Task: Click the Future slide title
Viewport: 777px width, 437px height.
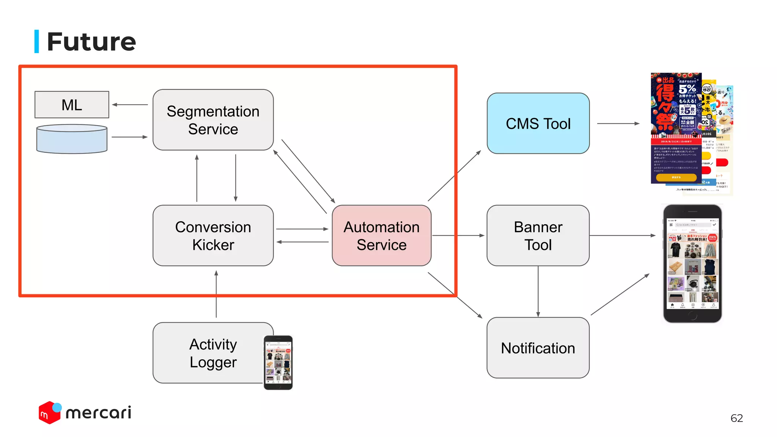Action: [91, 41]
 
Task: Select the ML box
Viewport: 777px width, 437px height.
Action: [72, 105]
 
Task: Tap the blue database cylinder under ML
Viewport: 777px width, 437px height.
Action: [72, 139]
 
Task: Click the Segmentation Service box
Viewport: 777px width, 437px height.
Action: [213, 120]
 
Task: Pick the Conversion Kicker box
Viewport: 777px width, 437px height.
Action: [213, 236]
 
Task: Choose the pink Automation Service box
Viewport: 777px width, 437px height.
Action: [381, 236]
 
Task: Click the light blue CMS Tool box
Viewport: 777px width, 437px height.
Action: [538, 123]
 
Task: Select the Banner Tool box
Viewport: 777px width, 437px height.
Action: [538, 236]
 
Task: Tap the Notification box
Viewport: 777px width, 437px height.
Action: [538, 347]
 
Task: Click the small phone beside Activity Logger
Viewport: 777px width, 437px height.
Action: [278, 362]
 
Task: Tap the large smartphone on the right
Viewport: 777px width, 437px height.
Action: [692, 264]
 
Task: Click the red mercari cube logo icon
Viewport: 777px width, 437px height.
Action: [49, 413]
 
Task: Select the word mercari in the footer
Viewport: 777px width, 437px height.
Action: [98, 413]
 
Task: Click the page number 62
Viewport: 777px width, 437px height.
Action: [736, 418]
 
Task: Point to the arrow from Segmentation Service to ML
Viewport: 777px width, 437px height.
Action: [130, 105]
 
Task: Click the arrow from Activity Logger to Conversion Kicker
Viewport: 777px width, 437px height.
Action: [216, 294]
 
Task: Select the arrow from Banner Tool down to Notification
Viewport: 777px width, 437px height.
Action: [538, 291]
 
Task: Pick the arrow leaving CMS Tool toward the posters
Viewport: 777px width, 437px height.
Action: [618, 123]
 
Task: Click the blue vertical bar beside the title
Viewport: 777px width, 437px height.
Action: [37, 41]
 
